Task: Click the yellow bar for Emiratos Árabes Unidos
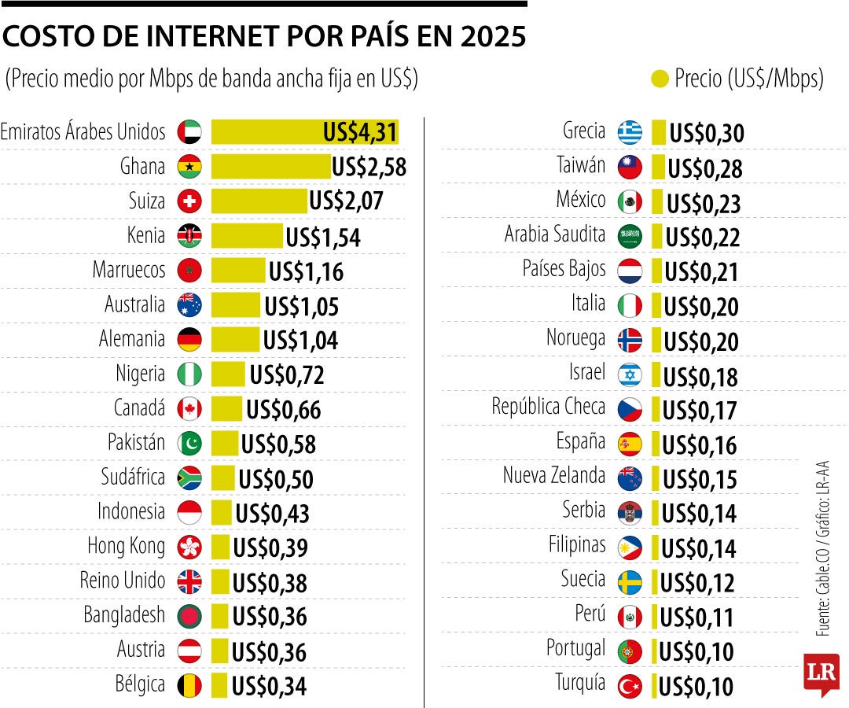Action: pyautogui.click(x=304, y=132)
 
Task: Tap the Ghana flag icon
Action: pyautogui.click(x=189, y=167)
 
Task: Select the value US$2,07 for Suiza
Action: pyautogui.click(x=346, y=201)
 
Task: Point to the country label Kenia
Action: pyautogui.click(x=146, y=235)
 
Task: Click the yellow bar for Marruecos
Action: pyautogui.click(x=238, y=271)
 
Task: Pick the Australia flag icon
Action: pyautogui.click(x=189, y=305)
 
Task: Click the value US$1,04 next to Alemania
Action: pyautogui.click(x=300, y=340)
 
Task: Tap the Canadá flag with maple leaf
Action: pyautogui.click(x=189, y=409)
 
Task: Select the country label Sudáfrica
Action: pyautogui.click(x=133, y=478)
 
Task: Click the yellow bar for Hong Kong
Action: pyautogui.click(x=220, y=547)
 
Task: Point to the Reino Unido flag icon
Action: pyautogui.click(x=189, y=581)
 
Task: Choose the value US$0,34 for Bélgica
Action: pyautogui.click(x=269, y=686)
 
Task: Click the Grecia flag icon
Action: pyautogui.click(x=630, y=132)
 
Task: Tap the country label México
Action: pyautogui.click(x=581, y=200)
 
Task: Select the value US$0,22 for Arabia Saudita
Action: pyautogui.click(x=703, y=237)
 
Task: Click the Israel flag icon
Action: pyautogui.click(x=630, y=374)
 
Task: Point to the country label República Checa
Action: pyautogui.click(x=549, y=407)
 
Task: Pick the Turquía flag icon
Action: pyautogui.click(x=630, y=686)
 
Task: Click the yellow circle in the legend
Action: pyautogui.click(x=660, y=79)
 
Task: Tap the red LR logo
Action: pyautogui.click(x=821, y=673)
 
